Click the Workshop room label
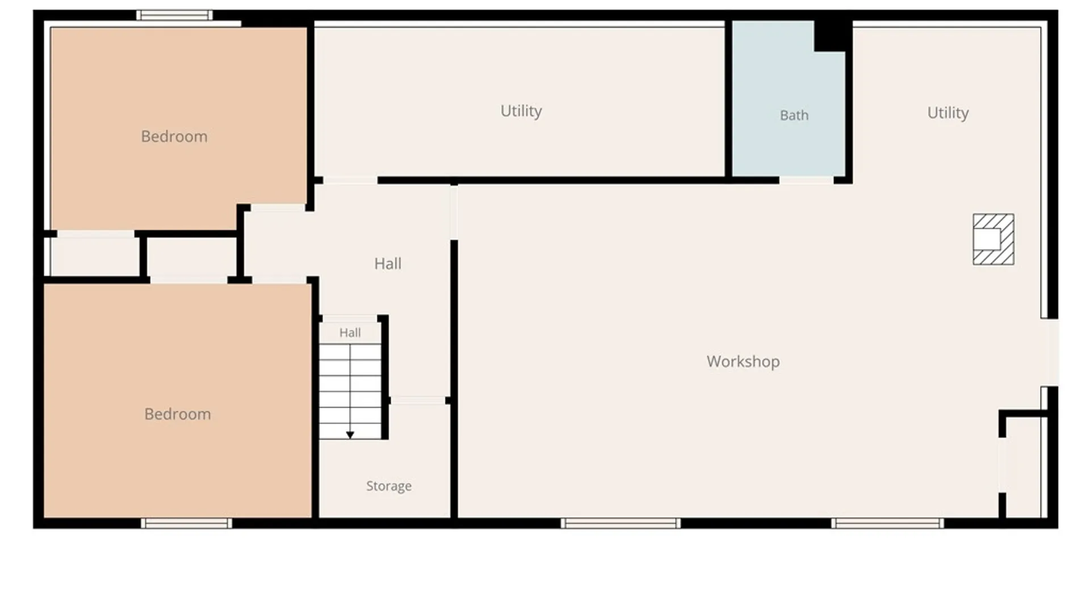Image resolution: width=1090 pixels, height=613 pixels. coord(743,362)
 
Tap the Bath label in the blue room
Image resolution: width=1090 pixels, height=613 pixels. coord(794,115)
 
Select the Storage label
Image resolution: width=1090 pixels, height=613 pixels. coord(389,486)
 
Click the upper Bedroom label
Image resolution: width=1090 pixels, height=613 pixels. coord(174,136)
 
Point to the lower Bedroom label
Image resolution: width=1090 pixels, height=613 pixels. coord(178,414)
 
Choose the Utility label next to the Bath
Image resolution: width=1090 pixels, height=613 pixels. coord(521,111)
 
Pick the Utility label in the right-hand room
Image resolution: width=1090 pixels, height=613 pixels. coord(948,113)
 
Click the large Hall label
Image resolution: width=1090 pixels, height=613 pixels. coord(388,263)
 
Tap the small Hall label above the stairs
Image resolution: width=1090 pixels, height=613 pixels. coord(350,333)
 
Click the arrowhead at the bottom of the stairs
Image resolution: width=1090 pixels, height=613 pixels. coord(350,435)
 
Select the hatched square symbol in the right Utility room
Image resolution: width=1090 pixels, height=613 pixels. coord(993,239)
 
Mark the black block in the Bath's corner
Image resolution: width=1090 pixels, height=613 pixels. coord(832,36)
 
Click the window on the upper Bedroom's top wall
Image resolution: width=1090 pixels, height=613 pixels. coord(174,15)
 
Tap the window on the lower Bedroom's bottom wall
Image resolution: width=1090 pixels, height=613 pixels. coord(187,523)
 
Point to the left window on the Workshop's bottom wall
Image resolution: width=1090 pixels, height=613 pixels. coord(621,523)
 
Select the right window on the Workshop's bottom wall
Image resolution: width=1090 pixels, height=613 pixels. coord(887,523)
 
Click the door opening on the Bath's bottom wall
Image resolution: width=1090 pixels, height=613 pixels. coord(806,180)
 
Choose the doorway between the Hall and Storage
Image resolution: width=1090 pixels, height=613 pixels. coord(418,401)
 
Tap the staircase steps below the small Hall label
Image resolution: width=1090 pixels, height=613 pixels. coord(350,391)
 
